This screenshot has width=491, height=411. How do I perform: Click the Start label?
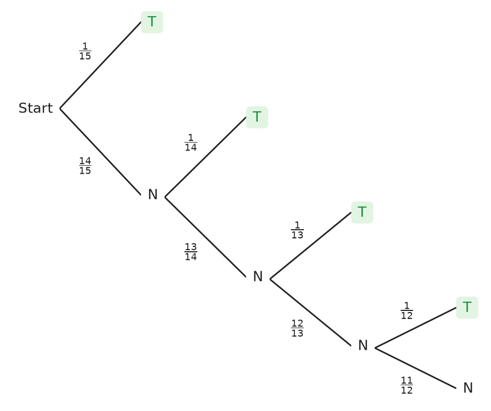click(x=35, y=108)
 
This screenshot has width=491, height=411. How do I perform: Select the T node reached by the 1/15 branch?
click(x=152, y=22)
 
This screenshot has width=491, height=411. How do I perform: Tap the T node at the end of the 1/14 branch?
click(x=257, y=117)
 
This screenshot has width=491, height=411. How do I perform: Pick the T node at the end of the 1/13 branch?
click(x=362, y=212)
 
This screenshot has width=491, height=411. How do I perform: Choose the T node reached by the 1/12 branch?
click(x=467, y=308)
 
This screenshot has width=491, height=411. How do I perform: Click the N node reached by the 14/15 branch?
click(x=153, y=195)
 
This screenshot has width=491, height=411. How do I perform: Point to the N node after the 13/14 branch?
click(x=258, y=277)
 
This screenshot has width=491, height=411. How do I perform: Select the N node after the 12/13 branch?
click(x=363, y=345)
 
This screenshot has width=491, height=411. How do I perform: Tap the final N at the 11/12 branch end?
click(x=468, y=388)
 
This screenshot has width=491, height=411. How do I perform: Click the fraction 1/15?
click(x=85, y=52)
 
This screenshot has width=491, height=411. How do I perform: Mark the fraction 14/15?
click(x=85, y=166)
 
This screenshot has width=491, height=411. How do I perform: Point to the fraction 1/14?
click(x=191, y=143)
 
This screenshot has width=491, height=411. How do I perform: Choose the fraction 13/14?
click(x=191, y=252)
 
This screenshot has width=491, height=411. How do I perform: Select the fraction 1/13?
click(x=297, y=230)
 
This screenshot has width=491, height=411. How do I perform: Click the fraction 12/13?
click(x=297, y=329)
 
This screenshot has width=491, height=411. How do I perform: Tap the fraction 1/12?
click(x=407, y=311)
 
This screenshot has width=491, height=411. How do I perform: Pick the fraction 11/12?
click(x=407, y=386)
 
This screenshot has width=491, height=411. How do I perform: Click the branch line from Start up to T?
click(x=101, y=65)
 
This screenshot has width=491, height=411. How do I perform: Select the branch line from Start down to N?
click(x=101, y=152)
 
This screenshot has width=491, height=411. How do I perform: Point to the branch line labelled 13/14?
click(x=205, y=237)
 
